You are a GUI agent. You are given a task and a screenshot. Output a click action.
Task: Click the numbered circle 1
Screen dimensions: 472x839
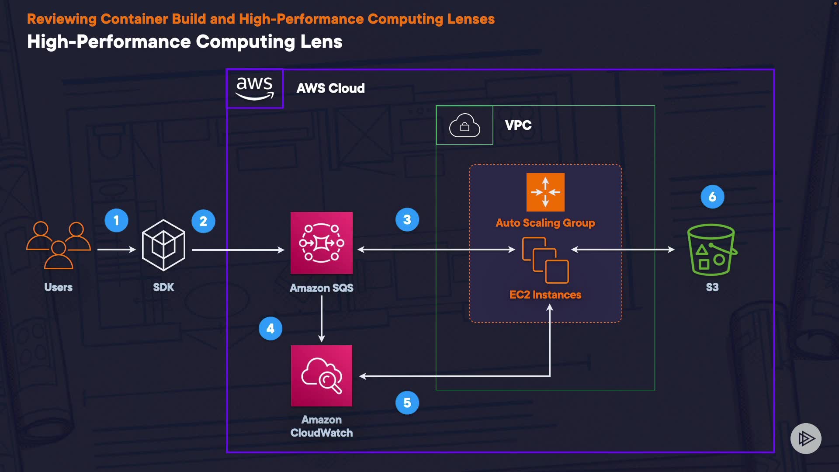116,220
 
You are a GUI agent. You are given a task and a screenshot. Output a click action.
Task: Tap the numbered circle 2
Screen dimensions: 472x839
203,221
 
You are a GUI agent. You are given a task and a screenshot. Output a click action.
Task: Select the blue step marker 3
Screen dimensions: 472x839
407,219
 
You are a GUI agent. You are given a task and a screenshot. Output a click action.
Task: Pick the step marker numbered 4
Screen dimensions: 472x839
270,328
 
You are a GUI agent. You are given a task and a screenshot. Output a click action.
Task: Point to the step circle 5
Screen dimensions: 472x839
407,403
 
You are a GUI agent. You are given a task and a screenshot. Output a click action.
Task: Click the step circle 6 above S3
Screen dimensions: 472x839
712,197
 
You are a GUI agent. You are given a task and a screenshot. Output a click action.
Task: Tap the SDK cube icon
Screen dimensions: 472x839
163,245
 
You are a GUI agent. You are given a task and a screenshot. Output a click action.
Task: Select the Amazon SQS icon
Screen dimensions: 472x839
322,243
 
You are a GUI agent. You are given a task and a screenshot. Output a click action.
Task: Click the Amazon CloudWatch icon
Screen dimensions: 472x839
322,376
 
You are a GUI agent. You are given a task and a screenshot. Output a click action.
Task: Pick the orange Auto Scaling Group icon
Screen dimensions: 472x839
545,192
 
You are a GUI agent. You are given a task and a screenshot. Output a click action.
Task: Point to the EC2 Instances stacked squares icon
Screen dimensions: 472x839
545,260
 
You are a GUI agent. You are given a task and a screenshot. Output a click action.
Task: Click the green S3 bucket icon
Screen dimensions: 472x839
712,250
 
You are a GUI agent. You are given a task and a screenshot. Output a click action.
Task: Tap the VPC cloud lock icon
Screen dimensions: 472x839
465,125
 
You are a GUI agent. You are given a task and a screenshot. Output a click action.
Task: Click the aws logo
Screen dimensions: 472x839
255,88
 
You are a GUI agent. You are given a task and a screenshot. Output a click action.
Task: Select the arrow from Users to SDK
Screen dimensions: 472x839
116,250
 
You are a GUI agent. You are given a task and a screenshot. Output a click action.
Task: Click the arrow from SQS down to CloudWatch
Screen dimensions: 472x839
322,319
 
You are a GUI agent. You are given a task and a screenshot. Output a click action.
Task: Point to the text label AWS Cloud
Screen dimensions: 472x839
330,88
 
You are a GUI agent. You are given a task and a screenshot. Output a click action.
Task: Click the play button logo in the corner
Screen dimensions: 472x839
806,438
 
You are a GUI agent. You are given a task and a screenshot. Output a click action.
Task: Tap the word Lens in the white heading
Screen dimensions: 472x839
321,42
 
